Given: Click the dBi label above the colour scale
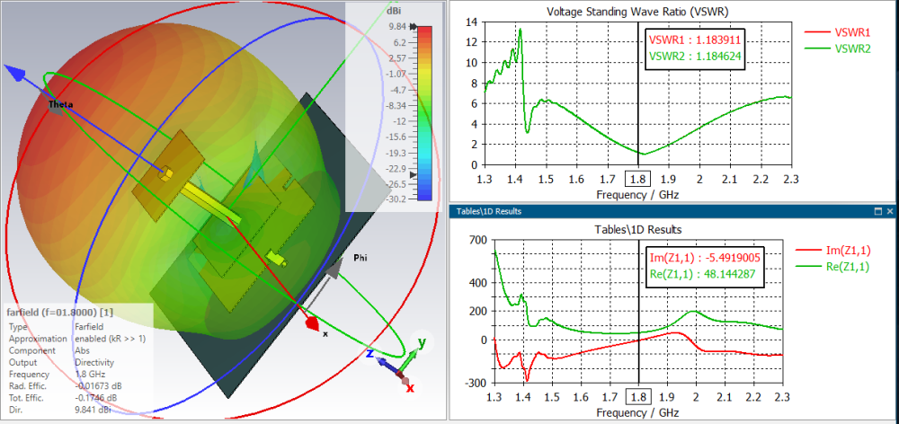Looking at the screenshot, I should point(394,12).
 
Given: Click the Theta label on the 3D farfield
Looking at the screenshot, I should point(60,104).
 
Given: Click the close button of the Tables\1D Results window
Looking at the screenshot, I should point(890,211).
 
